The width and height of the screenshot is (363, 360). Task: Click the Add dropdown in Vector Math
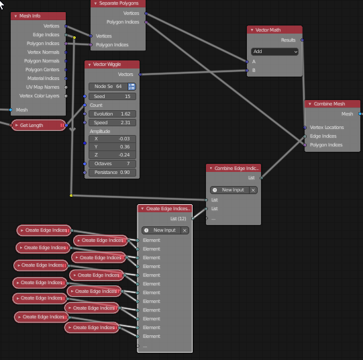click(x=274, y=52)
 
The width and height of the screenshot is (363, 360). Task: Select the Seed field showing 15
click(x=112, y=96)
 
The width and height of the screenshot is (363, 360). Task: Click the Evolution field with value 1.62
click(x=112, y=114)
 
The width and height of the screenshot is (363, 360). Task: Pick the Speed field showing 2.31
click(x=112, y=122)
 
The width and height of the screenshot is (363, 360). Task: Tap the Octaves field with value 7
click(x=112, y=164)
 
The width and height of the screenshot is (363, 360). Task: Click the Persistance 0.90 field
click(x=112, y=173)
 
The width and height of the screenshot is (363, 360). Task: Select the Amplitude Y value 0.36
click(x=112, y=147)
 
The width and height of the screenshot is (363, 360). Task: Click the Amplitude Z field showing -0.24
click(x=112, y=154)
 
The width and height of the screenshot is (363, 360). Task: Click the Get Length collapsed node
click(x=39, y=126)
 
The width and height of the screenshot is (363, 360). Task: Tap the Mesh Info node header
click(x=38, y=16)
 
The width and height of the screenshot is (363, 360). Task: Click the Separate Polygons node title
click(x=119, y=3)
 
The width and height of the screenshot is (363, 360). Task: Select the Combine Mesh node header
click(x=332, y=104)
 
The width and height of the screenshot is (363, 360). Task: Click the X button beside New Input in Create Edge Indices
click(x=185, y=230)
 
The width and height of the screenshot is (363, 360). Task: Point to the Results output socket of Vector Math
click(x=302, y=40)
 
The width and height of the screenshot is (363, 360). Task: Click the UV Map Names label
click(x=42, y=87)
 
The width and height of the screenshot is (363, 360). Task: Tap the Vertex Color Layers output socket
click(x=66, y=96)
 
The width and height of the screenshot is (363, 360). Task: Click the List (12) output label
click(x=178, y=219)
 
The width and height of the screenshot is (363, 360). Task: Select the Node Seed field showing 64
click(x=108, y=87)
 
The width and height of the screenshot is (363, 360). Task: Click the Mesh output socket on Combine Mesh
click(x=360, y=114)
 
